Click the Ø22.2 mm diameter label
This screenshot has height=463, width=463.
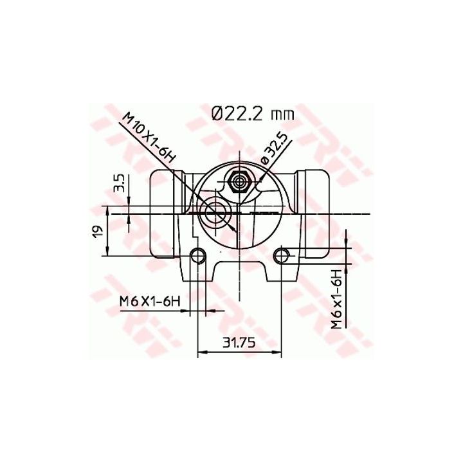tap(252, 113)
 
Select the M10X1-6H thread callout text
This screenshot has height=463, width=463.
tap(149, 136)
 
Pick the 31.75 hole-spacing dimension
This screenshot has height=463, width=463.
tap(239, 343)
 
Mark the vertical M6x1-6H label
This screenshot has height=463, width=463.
tap(336, 301)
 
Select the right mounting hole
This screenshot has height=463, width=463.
tap(282, 255)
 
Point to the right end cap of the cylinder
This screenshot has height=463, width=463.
tap(315, 212)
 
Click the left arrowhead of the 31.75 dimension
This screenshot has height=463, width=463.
tap(201, 352)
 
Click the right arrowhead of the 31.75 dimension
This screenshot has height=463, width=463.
tap(278, 352)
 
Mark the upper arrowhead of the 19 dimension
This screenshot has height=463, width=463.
tap(107, 209)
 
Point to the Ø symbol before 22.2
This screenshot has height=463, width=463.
tap(217, 113)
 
